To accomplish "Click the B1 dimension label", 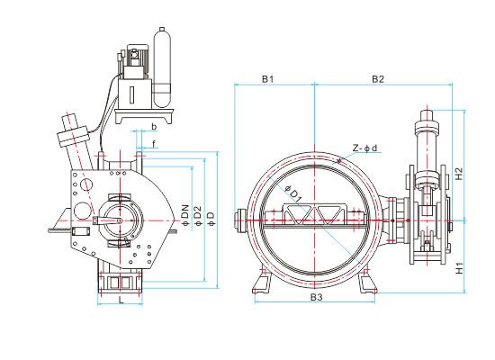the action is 267,79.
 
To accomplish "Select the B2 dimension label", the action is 378,79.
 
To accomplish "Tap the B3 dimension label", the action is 316,298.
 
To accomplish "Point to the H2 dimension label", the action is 460,173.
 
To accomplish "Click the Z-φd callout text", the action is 364,148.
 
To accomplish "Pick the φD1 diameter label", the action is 293,193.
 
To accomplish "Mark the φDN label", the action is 185,215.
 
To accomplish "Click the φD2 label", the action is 197,215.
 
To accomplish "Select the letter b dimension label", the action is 154,127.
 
